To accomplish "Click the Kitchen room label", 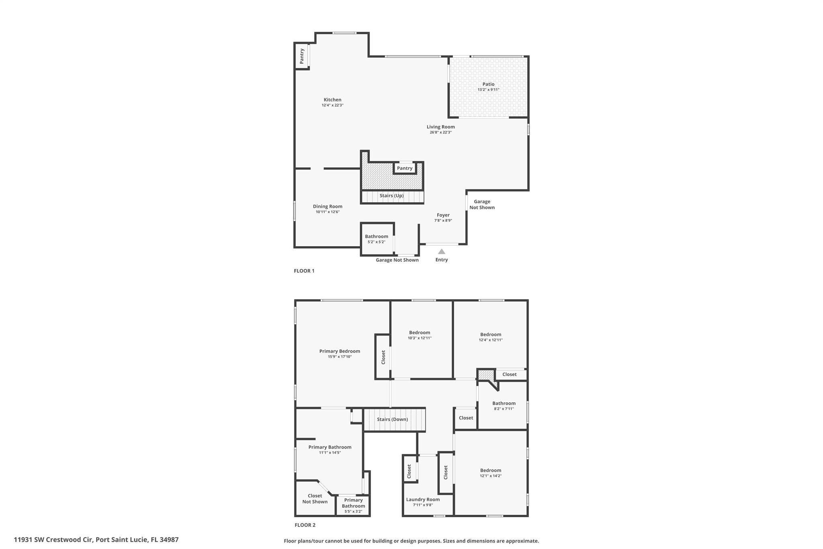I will click(x=332, y=100).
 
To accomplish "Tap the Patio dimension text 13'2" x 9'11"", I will click(x=488, y=90).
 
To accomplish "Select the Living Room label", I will click(x=440, y=127).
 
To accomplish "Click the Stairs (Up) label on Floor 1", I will click(x=391, y=196).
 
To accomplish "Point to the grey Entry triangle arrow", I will click(x=441, y=252).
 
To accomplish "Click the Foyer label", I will click(x=443, y=215).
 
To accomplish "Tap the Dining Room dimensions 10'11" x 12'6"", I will click(x=328, y=212).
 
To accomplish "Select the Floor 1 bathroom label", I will click(x=376, y=236).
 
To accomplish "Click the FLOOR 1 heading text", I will click(x=304, y=271).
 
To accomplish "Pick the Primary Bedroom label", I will click(x=340, y=351).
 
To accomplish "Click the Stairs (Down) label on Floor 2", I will click(x=392, y=419).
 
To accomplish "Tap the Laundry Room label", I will click(x=423, y=500).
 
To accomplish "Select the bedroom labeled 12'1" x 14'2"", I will click(x=490, y=471).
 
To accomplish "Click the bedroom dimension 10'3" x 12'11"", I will click(x=420, y=338).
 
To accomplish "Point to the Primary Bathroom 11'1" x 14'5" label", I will click(x=330, y=447).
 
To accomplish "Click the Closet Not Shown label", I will click(x=315, y=499).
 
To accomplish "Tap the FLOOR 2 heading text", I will click(x=305, y=525).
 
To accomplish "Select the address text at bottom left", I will click(x=96, y=540).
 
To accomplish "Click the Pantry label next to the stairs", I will click(x=404, y=168).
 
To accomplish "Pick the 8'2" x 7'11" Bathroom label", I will click(x=504, y=403).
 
